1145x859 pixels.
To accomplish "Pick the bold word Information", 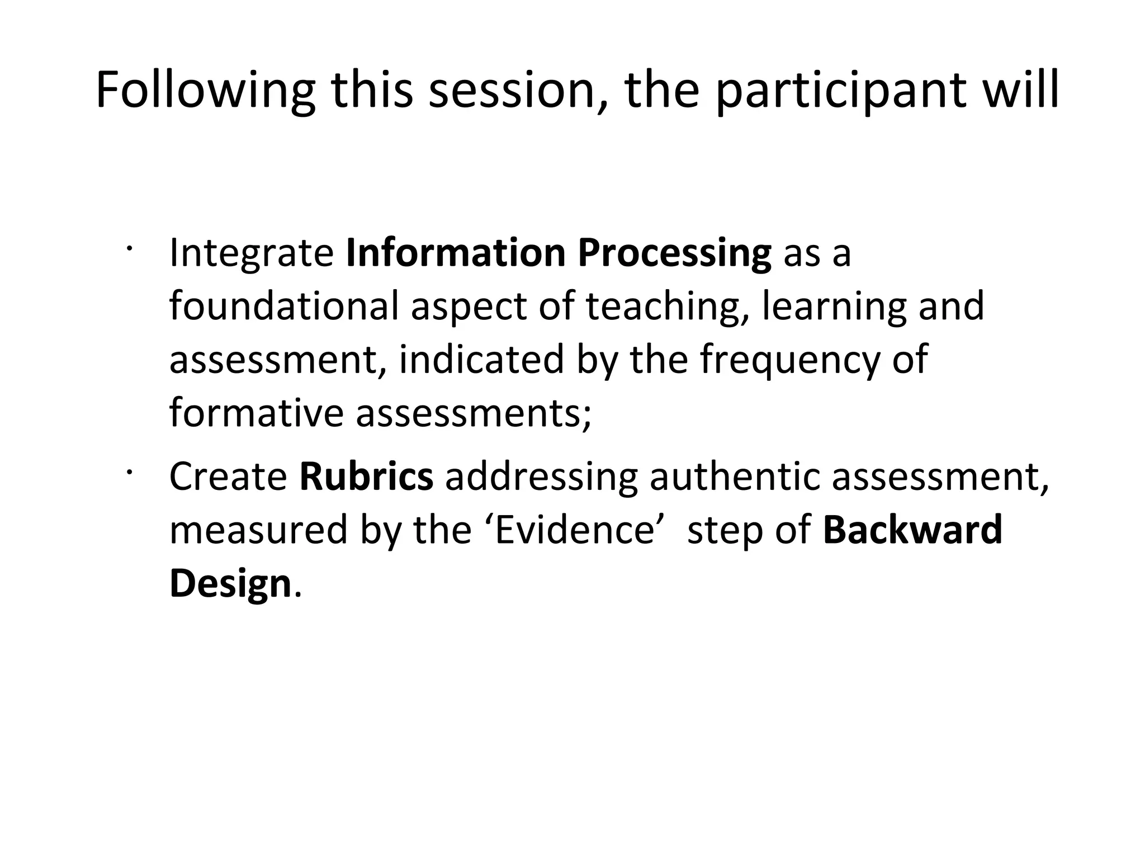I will (x=456, y=253).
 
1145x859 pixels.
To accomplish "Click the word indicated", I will (x=481, y=360).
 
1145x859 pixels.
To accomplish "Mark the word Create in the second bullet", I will (x=228, y=476).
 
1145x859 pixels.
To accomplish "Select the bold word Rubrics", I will (x=366, y=476).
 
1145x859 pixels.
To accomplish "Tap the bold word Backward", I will (x=912, y=530).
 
